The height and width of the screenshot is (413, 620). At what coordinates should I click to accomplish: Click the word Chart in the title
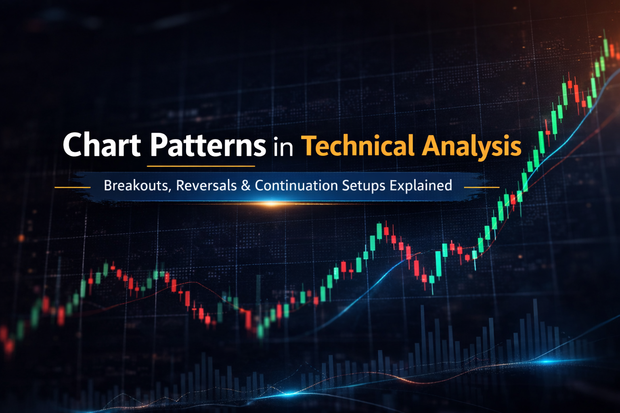click(102, 145)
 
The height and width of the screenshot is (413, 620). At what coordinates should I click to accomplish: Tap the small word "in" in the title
click(283, 147)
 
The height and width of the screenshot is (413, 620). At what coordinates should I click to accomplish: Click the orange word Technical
click(358, 146)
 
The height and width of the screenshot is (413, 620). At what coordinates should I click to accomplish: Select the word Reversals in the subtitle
click(206, 186)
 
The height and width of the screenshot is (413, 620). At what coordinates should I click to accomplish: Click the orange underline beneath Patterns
click(201, 166)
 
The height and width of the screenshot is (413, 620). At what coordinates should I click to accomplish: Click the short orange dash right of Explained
click(482, 188)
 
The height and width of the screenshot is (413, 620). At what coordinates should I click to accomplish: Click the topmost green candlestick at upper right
click(605, 47)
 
